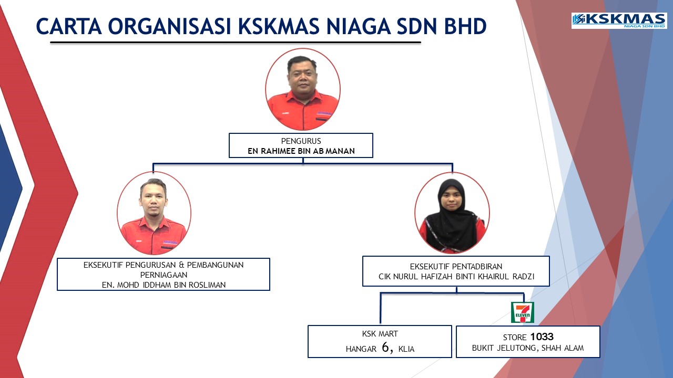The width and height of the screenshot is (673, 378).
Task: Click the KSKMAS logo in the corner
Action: (x=619, y=20)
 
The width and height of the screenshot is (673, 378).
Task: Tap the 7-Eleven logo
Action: (x=523, y=312)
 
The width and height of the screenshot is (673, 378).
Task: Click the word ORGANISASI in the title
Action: (x=170, y=26)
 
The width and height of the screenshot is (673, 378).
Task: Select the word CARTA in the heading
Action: (x=69, y=26)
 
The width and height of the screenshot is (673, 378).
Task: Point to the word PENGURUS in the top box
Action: (x=301, y=141)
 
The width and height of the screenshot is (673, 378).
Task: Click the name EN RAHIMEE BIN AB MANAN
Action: (x=301, y=151)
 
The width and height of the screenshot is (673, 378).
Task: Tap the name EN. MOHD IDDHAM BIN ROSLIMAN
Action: (x=164, y=285)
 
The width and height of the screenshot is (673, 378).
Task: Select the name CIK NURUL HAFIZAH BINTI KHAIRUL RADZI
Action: (x=456, y=277)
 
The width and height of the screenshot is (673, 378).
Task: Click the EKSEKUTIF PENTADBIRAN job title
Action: (x=456, y=266)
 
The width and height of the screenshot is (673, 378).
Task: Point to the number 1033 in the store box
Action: (x=542, y=337)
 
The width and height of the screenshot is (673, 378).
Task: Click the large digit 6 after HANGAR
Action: (x=386, y=347)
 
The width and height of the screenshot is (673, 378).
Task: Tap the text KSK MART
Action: (x=380, y=334)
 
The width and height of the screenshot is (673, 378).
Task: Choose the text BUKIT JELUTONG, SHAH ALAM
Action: (x=528, y=348)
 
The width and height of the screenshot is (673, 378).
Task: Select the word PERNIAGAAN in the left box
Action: (x=164, y=275)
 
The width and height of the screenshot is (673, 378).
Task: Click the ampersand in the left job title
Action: (x=181, y=265)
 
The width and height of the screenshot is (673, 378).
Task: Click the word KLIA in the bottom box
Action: (x=406, y=349)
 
